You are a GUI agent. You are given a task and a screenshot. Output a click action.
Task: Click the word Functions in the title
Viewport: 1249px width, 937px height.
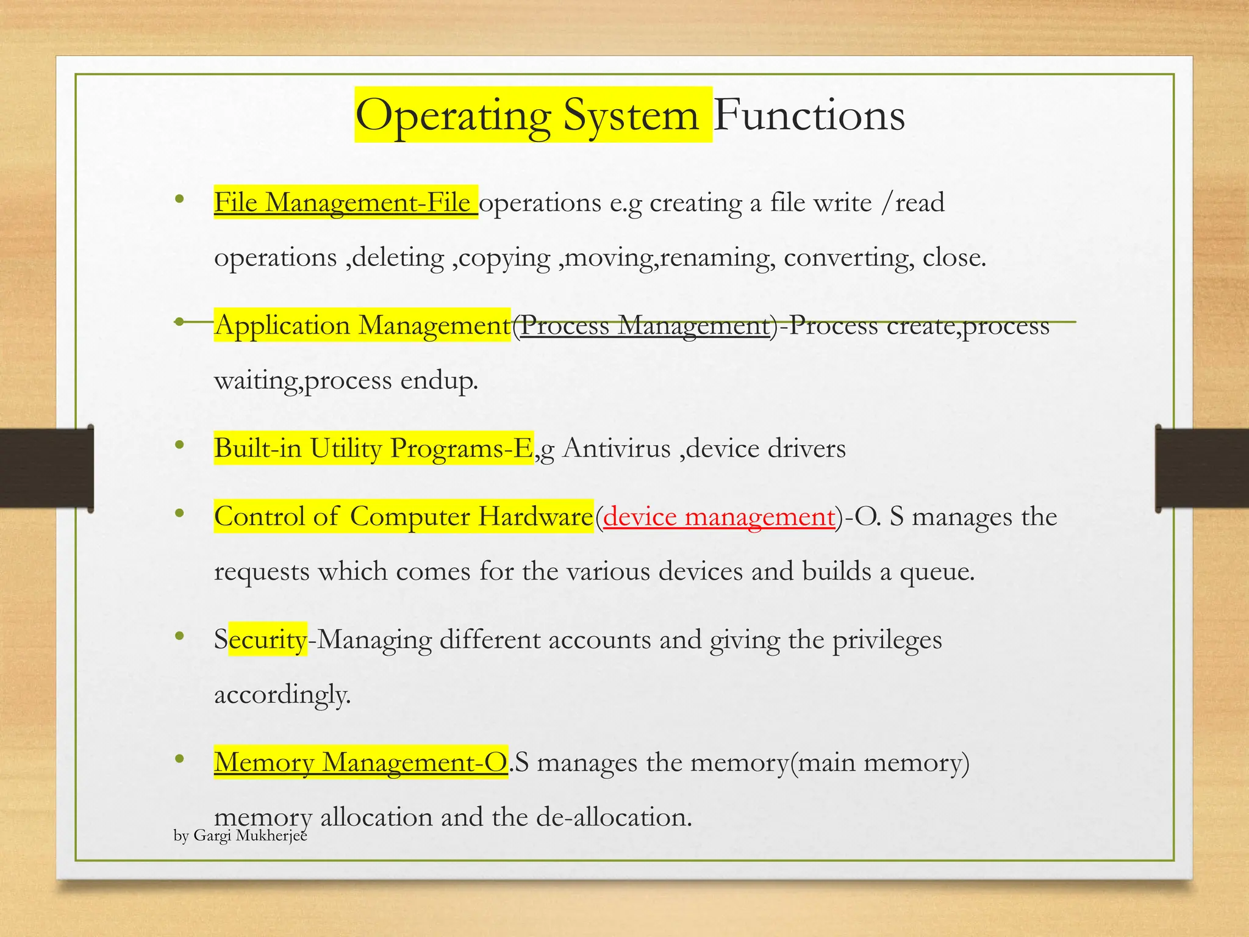coord(809,115)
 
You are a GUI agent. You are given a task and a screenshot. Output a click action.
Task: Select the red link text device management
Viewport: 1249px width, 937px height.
coord(719,517)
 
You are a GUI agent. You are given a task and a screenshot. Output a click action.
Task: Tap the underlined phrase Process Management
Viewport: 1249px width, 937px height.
coord(645,325)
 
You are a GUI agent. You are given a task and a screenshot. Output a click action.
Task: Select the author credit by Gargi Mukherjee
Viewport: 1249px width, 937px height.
coord(240,835)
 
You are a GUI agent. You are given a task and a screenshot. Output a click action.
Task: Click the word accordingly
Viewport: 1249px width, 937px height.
coord(282,694)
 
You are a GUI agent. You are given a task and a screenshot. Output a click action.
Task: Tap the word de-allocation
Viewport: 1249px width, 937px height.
coord(614,817)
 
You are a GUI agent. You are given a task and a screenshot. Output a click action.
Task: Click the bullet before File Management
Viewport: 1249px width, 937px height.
coord(179,199)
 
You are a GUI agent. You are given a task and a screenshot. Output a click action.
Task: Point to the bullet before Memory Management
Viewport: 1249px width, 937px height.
coord(179,759)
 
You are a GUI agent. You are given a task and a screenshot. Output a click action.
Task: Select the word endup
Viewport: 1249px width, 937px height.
coord(439,381)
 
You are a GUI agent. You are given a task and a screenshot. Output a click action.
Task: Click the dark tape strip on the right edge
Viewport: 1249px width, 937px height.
coord(1201,468)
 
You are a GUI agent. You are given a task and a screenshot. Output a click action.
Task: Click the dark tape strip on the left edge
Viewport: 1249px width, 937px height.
coord(46,468)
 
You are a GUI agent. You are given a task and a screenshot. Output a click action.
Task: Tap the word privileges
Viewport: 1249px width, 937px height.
coord(887,639)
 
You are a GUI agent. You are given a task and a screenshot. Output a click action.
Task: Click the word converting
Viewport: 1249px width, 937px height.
coord(849,257)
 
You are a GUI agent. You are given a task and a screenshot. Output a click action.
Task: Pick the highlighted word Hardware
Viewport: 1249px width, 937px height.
coord(535,517)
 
